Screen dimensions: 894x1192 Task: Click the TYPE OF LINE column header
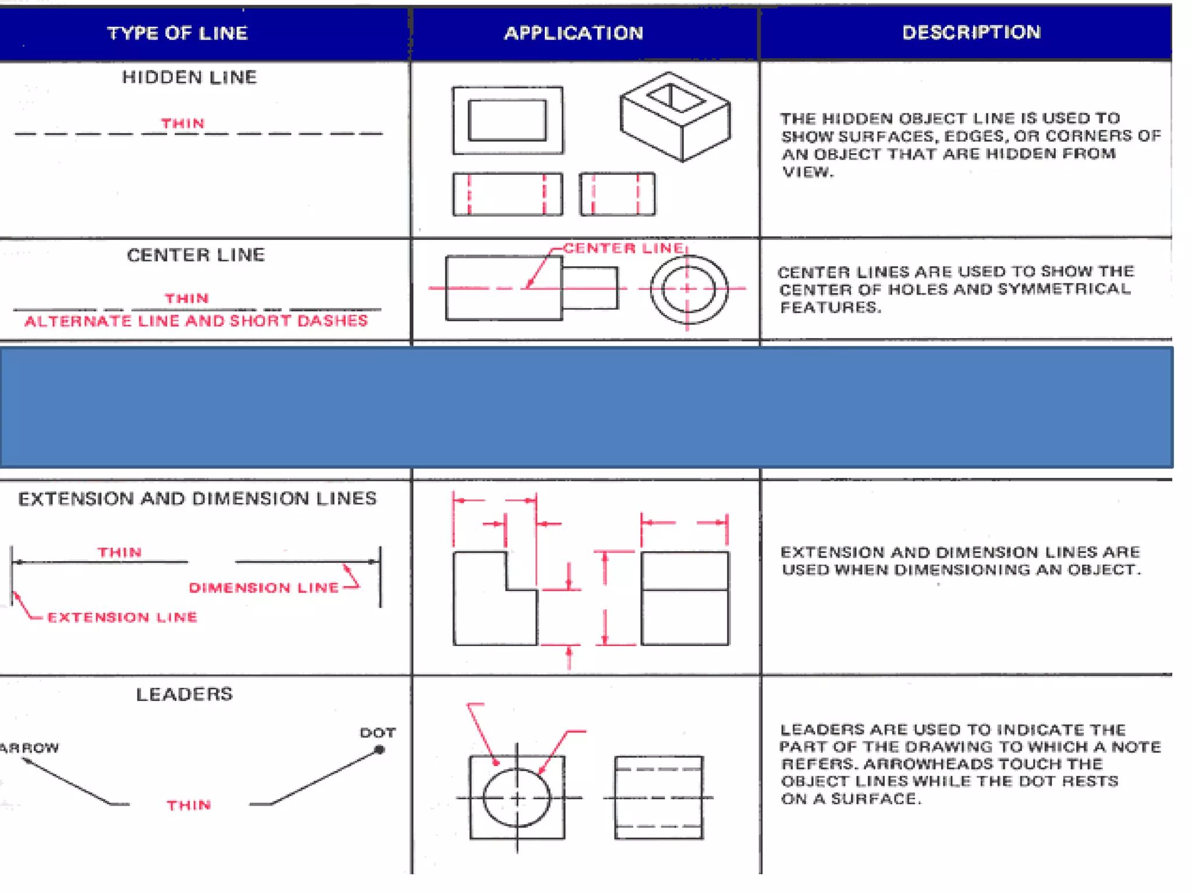click(178, 33)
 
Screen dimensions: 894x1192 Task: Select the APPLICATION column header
click(573, 33)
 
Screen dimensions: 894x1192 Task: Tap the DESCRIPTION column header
click(971, 32)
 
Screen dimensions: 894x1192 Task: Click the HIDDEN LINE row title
click(189, 77)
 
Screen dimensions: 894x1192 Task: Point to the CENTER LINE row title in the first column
click(196, 255)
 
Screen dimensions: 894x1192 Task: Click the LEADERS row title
click(184, 694)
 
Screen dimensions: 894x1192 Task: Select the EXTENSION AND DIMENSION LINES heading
click(197, 499)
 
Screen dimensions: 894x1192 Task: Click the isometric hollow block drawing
click(675, 116)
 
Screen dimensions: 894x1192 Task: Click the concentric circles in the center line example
click(688, 289)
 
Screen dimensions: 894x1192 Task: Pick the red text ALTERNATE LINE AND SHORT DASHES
click(196, 321)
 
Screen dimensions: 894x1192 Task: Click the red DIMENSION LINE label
click(264, 588)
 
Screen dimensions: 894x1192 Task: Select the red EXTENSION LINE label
click(122, 617)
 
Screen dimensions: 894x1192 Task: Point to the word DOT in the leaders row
click(377, 733)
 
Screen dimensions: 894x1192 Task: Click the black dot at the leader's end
click(379, 750)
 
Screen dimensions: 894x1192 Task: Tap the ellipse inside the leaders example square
click(516, 797)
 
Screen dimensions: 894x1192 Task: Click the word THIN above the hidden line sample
click(183, 123)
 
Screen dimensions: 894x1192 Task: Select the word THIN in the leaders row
click(189, 805)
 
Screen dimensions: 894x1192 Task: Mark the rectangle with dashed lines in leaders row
click(658, 797)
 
